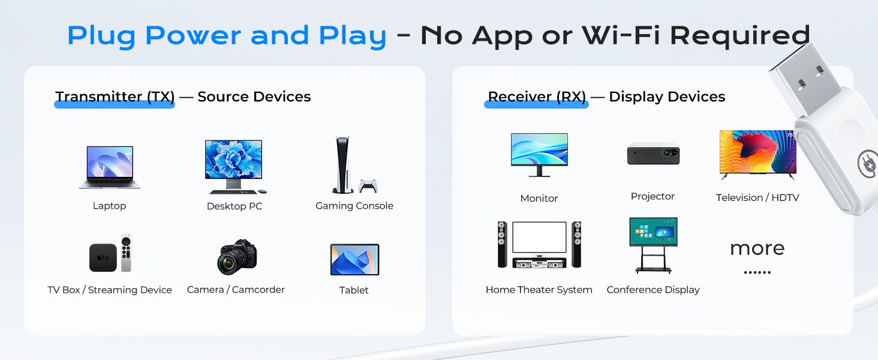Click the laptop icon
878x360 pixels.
pyautogui.click(x=109, y=167)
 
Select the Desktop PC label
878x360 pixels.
pyautogui.click(x=234, y=206)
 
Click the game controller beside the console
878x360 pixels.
pyautogui.click(x=368, y=185)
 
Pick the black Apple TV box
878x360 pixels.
pyautogui.click(x=103, y=257)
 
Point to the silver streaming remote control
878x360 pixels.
pyautogui.click(x=125, y=253)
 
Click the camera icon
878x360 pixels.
pyautogui.click(x=237, y=257)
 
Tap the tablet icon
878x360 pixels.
pyautogui.click(x=354, y=260)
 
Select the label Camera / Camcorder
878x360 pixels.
pyautogui.click(x=236, y=290)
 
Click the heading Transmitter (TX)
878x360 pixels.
pyautogui.click(x=115, y=97)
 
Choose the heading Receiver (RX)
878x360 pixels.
pyautogui.click(x=537, y=97)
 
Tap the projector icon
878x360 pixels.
pyautogui.click(x=653, y=154)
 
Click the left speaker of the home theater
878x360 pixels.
pyautogui.click(x=503, y=244)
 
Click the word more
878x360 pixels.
pyautogui.click(x=757, y=248)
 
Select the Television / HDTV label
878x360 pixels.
pyautogui.click(x=757, y=197)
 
